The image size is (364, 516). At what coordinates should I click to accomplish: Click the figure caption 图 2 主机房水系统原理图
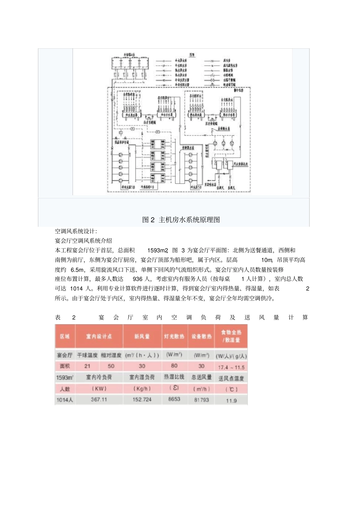coord(181,220)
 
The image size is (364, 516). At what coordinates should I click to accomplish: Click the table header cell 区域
coord(65,336)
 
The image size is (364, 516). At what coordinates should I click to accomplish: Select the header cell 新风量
coord(142,336)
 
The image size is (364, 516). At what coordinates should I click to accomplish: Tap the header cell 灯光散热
coord(174,336)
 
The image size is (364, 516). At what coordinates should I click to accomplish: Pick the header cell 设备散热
coord(202,336)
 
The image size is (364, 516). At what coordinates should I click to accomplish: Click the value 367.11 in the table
coord(99,399)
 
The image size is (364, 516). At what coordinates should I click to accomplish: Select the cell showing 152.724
coord(142,399)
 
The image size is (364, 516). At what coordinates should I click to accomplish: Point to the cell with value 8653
coord(174,399)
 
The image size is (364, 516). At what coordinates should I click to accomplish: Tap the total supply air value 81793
coord(202,400)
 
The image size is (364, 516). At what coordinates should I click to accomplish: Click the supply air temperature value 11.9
coord(231,401)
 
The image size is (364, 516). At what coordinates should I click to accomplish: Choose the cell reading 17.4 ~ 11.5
coord(231,367)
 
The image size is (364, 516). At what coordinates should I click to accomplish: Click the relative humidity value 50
coord(111,366)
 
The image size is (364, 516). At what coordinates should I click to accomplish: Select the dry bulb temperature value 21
coord(87,366)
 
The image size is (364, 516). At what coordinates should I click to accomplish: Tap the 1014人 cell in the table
coord(65,400)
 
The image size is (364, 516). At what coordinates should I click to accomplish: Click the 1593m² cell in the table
coord(65,378)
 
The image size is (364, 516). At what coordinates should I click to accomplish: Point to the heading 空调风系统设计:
coord(76,231)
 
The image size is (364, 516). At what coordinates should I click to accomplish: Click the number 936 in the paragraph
coord(138,279)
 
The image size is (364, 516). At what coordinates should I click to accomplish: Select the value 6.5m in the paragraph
coord(77,270)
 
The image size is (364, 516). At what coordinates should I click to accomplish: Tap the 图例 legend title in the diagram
coord(192,55)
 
